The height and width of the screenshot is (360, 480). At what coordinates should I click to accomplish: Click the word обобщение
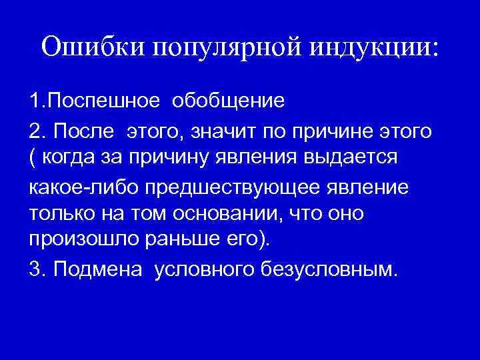pyautogui.click(x=229, y=101)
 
